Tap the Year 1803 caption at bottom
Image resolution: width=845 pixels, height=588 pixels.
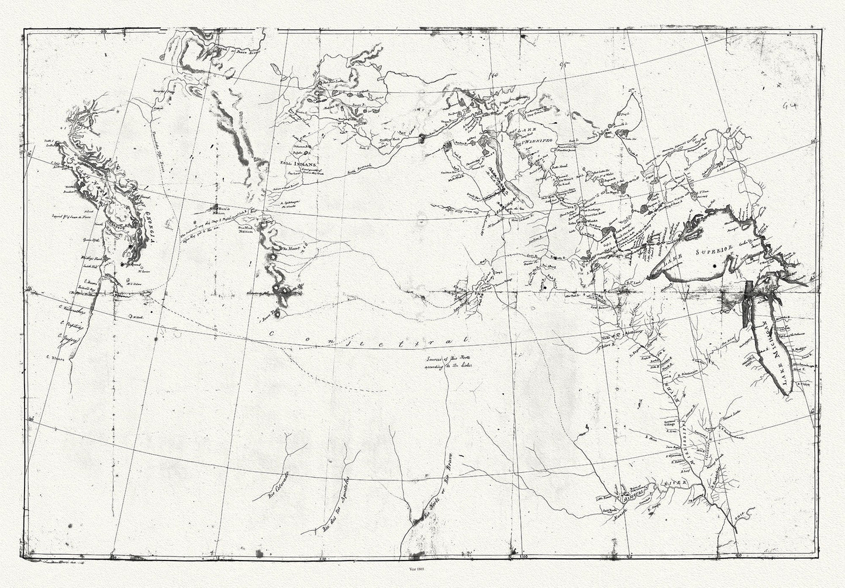(422, 568)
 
